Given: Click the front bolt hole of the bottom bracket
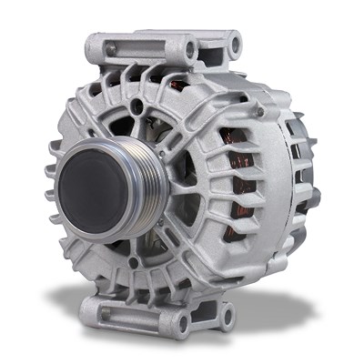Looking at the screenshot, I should click(x=180, y=320).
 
